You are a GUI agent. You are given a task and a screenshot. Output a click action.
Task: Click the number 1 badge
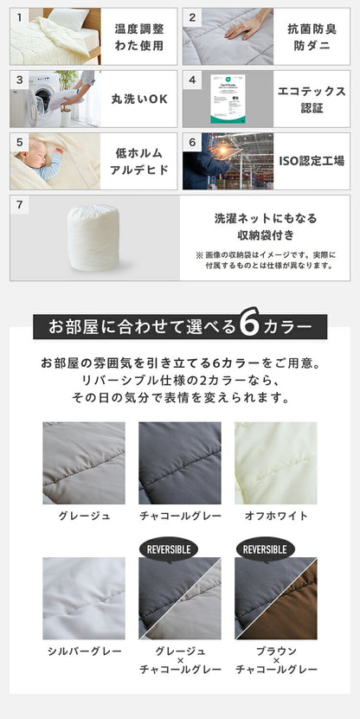click(x=18, y=16)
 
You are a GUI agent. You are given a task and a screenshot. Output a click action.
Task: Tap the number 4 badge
click(x=191, y=80)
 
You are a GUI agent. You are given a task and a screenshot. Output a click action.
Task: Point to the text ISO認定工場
click(x=312, y=160)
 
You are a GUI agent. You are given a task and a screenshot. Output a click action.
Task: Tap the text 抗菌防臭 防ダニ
click(x=312, y=36)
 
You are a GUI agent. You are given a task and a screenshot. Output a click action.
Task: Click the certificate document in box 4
click(x=228, y=99)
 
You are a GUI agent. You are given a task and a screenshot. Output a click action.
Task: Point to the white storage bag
click(x=93, y=237)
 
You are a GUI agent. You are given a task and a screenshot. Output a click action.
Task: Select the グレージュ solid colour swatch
click(x=84, y=463)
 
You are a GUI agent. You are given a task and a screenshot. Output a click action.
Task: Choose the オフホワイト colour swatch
click(x=276, y=463)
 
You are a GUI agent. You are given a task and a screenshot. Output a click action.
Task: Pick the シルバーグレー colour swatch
click(x=84, y=598)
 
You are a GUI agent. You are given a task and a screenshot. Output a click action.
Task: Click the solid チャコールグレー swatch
click(x=180, y=463)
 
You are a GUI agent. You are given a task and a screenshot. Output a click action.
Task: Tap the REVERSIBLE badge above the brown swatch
click(x=265, y=549)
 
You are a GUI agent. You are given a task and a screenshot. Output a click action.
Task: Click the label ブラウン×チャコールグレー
click(x=276, y=660)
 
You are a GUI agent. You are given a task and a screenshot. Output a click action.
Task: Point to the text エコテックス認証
click(x=312, y=99)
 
